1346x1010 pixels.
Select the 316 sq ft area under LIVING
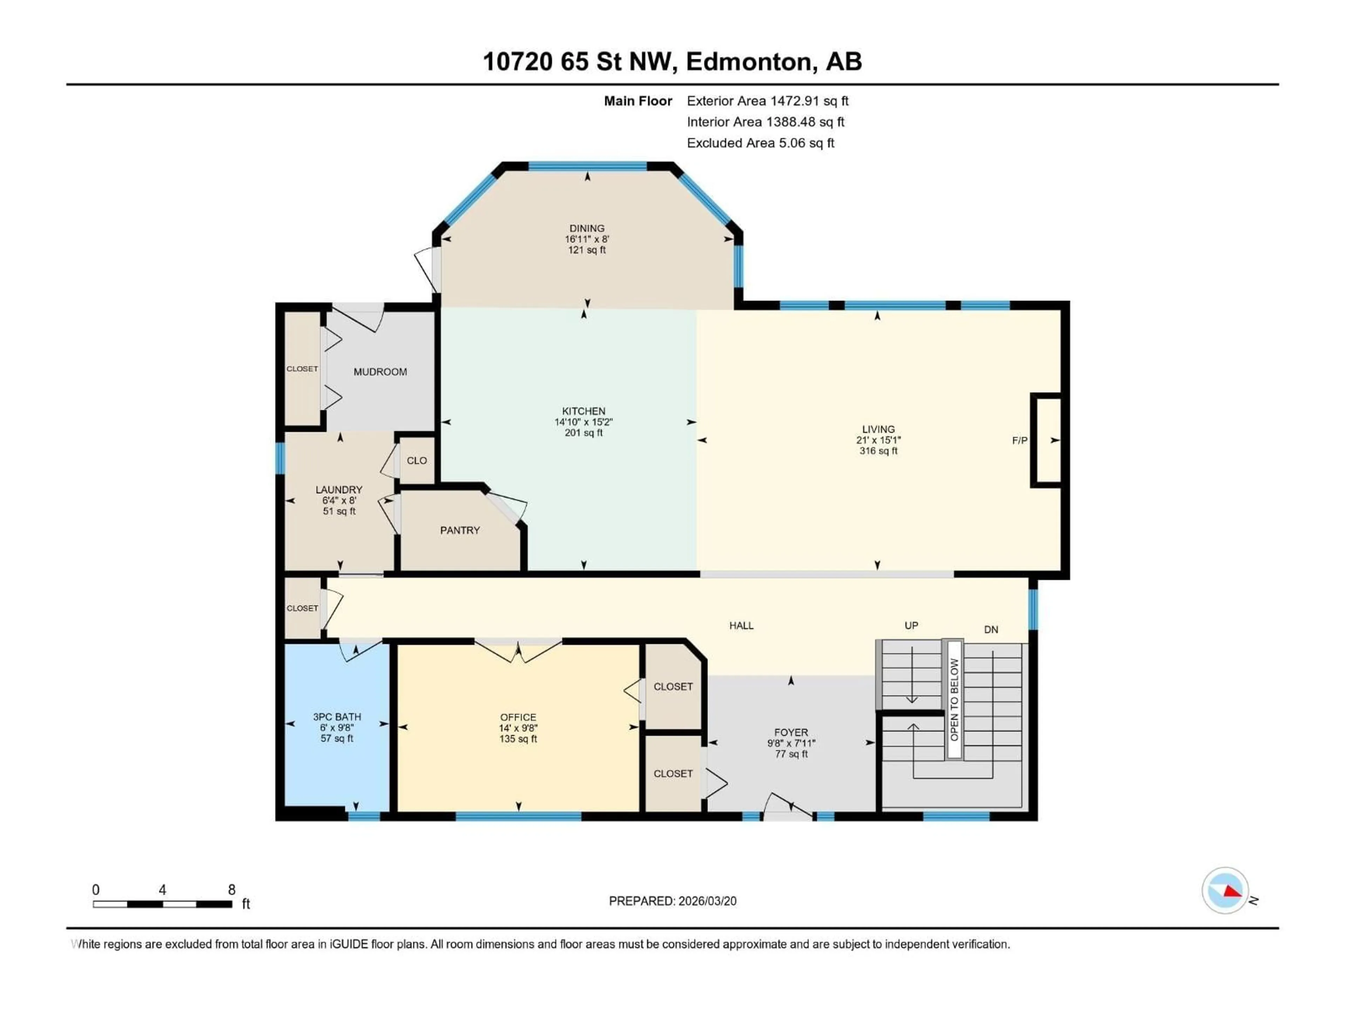click(x=878, y=451)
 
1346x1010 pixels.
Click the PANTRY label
click(x=460, y=530)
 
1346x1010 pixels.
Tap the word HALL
click(x=741, y=625)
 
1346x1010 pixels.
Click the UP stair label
click(x=911, y=625)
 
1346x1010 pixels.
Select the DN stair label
click(x=991, y=629)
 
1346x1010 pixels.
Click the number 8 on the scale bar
click(x=231, y=889)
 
